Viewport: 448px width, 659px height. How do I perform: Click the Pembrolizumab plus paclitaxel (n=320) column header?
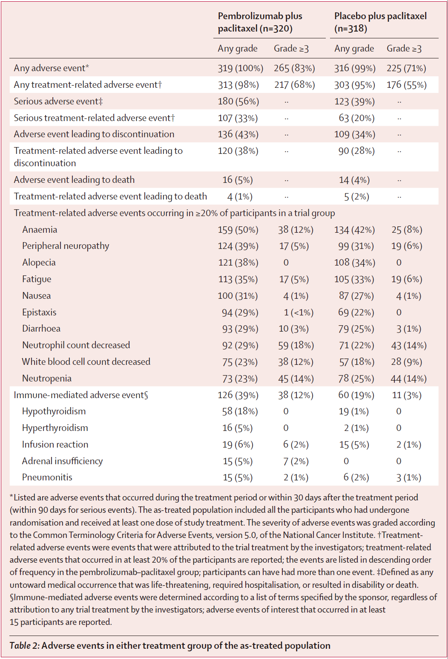[x=260, y=22]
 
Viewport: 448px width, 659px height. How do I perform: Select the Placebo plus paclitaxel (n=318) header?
[x=380, y=22]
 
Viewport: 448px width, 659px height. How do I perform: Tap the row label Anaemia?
[x=40, y=230]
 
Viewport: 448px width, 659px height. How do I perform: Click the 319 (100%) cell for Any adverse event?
[x=240, y=68]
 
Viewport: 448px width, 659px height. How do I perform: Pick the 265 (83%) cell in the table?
[x=294, y=68]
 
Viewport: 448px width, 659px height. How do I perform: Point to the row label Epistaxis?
[x=39, y=312]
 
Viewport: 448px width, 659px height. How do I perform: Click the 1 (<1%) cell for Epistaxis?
[x=298, y=312]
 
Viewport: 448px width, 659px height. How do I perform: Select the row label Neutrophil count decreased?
[x=76, y=345]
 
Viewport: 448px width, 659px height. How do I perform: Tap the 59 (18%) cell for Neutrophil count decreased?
[x=296, y=345]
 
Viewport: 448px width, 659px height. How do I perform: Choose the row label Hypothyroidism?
[x=54, y=411]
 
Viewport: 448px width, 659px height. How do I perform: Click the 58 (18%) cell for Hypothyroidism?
[x=240, y=411]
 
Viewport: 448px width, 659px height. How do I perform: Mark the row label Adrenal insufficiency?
[x=62, y=461]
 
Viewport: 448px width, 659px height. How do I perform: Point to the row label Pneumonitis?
[x=47, y=477]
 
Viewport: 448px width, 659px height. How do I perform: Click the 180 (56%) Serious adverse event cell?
[x=238, y=101]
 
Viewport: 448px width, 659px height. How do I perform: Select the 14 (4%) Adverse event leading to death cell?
[x=354, y=180]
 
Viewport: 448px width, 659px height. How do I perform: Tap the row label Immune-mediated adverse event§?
[x=81, y=395]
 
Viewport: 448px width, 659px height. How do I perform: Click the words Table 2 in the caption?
[x=24, y=646]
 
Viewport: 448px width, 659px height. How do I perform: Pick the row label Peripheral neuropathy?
[x=66, y=246]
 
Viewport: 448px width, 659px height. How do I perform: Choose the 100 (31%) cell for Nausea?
[x=238, y=296]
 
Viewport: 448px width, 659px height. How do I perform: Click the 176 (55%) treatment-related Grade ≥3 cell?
[x=406, y=85]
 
